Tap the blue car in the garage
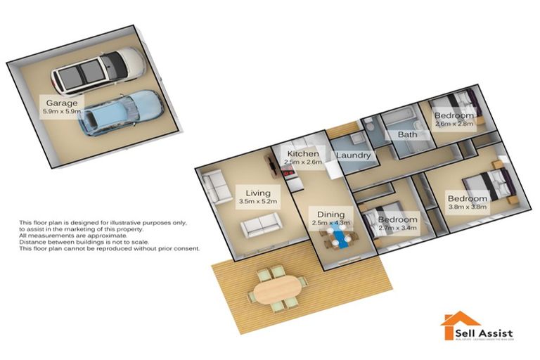tap(120, 112)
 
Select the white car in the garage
tap(99, 70)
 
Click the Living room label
tap(258, 192)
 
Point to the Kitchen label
tap(303, 153)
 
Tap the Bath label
tap(408, 134)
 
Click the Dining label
tap(330, 214)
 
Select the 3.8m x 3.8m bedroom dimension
tap(468, 208)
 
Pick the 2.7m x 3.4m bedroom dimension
tap(397, 229)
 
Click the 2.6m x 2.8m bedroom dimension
tap(454, 124)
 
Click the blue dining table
tap(342, 239)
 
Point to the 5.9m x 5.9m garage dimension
tap(63, 111)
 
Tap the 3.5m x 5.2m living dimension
tap(258, 201)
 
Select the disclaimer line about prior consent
tap(110, 249)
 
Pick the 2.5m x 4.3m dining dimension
tap(330, 223)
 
